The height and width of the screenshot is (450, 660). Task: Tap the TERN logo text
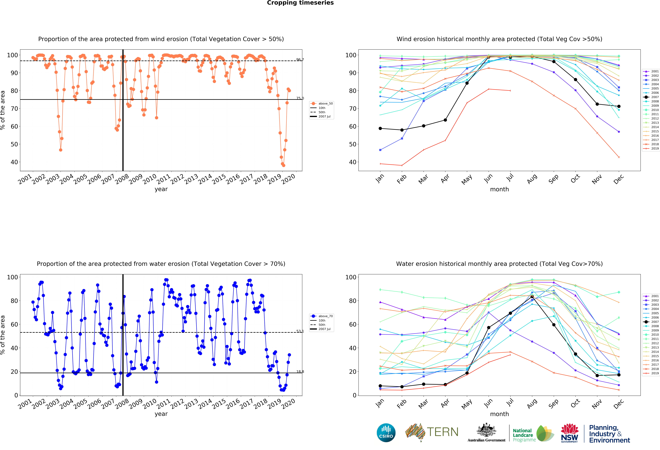click(x=442, y=432)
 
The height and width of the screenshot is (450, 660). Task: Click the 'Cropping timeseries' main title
click(x=300, y=3)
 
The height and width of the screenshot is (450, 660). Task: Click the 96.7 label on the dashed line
click(x=300, y=60)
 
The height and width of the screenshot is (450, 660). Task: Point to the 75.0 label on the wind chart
click(x=300, y=98)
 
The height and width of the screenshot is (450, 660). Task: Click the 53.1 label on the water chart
click(x=300, y=331)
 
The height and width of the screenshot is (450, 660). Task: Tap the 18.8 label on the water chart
click(x=300, y=372)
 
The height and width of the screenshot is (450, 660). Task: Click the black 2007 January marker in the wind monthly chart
click(x=380, y=128)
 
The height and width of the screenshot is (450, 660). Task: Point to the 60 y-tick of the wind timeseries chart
click(x=14, y=126)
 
